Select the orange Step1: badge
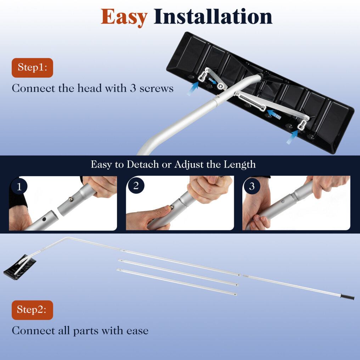tap(32, 68)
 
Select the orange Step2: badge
tap(32, 310)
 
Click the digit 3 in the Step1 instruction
tap(133, 88)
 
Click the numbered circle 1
tap(19, 186)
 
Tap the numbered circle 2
tap(136, 186)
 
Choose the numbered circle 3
tap(252, 186)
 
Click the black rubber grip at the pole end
tap(347, 297)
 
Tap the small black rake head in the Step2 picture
tap(20, 267)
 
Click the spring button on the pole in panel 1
tap(71, 199)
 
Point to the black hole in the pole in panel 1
tap(44, 219)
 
